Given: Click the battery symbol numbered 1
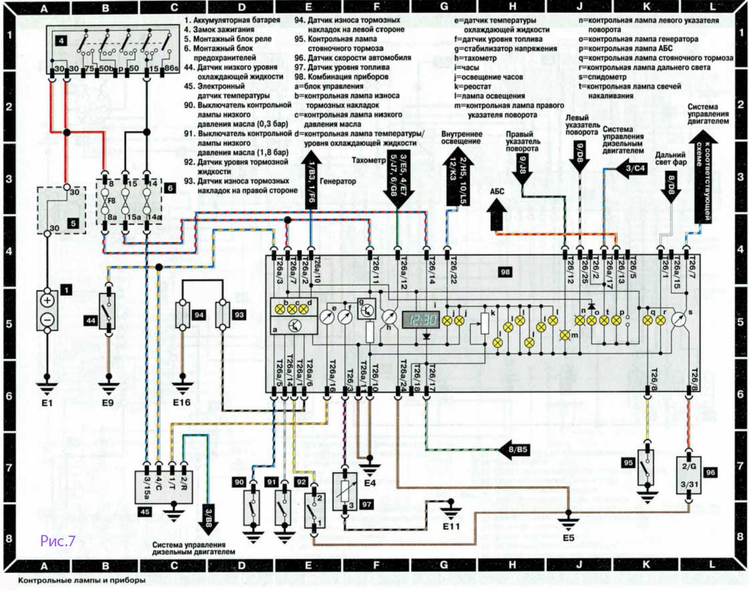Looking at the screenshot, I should coord(47,310).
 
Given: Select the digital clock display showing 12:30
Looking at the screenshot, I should coord(421,320).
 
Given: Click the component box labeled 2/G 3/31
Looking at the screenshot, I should coord(690,474).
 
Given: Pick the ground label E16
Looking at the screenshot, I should coord(181,403).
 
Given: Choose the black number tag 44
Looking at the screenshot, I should coord(91,320).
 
